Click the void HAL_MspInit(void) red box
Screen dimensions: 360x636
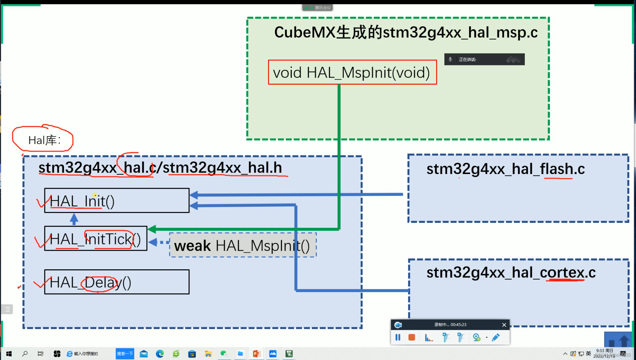352,72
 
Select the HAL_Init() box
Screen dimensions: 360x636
117,201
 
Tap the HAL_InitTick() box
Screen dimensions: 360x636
96,239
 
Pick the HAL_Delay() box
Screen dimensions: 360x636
117,282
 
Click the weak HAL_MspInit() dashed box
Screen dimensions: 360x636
243,245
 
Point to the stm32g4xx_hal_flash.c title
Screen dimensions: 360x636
505,169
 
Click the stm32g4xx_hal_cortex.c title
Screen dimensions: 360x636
510,273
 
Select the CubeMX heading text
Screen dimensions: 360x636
406,32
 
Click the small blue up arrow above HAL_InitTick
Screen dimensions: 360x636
74,219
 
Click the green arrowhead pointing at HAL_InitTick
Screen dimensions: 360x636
152,230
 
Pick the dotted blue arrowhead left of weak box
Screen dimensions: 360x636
153,242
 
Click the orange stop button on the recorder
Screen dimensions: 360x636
412,337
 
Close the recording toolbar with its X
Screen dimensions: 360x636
504,325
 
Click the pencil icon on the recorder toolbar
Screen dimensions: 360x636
496,337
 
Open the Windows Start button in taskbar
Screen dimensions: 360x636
9,354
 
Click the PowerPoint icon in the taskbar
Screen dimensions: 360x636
257,354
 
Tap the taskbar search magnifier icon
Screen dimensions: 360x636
25,354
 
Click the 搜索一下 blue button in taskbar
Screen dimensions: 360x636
125,354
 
